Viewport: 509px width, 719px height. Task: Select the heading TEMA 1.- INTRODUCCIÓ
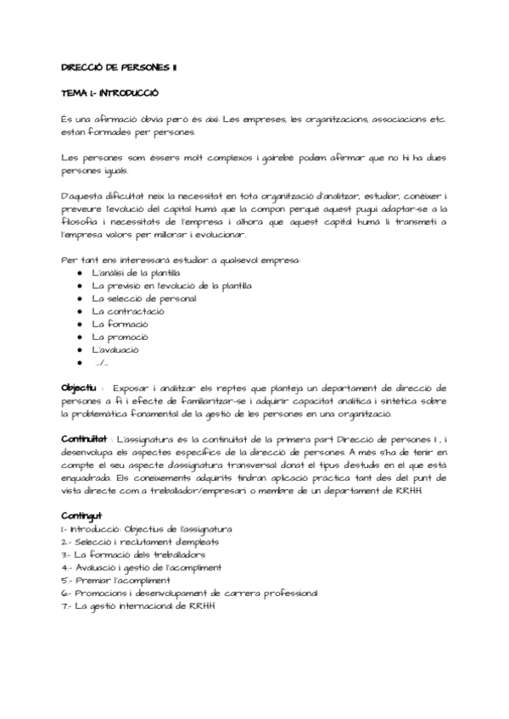(111, 92)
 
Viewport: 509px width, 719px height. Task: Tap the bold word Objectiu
(79, 387)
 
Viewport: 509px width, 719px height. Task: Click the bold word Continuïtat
(84, 440)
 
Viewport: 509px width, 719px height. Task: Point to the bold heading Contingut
(81, 515)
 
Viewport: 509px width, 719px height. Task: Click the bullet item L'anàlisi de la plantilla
(136, 272)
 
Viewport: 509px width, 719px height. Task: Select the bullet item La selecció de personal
(144, 298)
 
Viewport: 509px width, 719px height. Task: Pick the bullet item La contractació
(128, 311)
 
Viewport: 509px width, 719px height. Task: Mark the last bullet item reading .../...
(102, 363)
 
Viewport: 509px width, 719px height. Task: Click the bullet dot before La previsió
(79, 286)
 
